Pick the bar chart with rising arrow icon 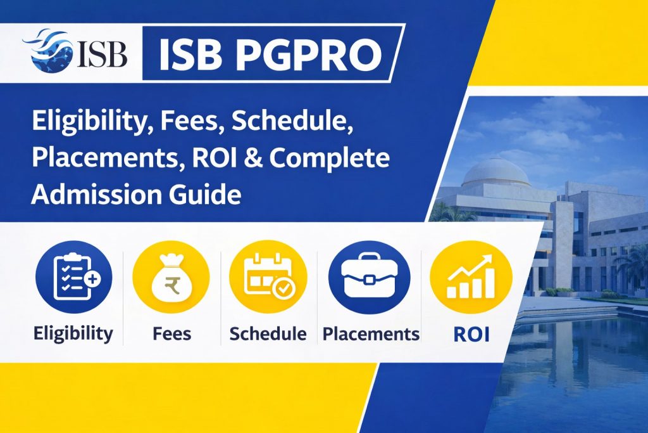point(471,279)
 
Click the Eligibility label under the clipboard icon point(74,333)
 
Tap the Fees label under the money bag point(171,333)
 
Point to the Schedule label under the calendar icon point(268,333)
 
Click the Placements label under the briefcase point(371,333)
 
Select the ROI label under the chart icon point(471,333)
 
